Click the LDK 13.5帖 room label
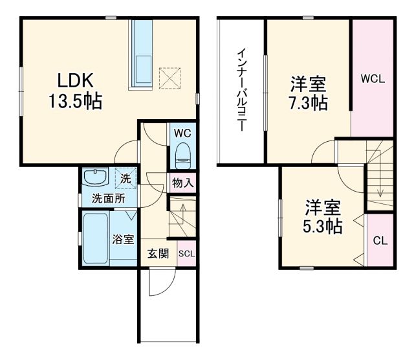coord(76,91)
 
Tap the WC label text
coord(182,132)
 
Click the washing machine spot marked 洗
coord(125,177)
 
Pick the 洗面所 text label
coord(107,199)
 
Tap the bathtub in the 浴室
coord(96,238)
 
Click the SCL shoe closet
coord(186,254)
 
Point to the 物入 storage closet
coord(182,183)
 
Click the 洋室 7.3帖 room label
coord(308,93)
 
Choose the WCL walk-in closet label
coord(373,80)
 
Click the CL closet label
coord(380,240)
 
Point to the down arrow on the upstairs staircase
coord(381,192)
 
